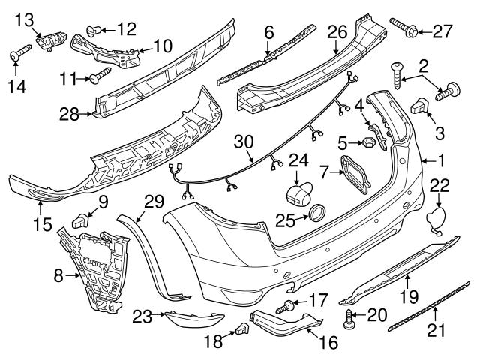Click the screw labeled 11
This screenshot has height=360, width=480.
100,75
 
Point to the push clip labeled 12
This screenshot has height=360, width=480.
94,30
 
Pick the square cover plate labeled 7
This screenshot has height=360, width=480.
354,173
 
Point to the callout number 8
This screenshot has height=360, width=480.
58,276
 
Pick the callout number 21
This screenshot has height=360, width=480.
437,330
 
